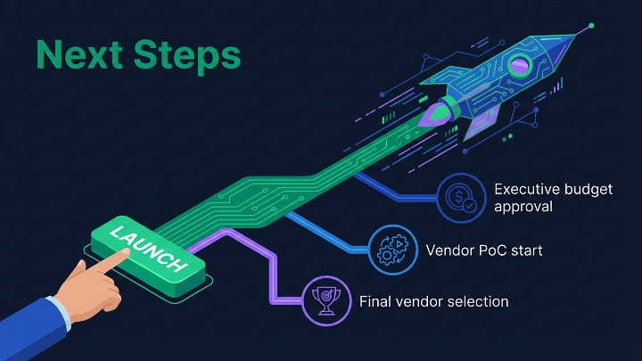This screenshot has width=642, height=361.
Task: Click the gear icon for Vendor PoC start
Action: click(x=393, y=250)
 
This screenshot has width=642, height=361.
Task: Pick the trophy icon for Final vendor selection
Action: click(x=325, y=301)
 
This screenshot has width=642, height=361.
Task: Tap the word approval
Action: click(x=523, y=207)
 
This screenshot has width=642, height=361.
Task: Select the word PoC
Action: click(x=494, y=250)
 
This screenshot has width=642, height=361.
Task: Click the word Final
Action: click(x=375, y=301)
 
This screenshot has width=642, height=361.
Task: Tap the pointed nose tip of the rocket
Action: click(x=588, y=27)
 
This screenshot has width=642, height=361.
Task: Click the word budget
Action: click(x=580, y=188)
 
